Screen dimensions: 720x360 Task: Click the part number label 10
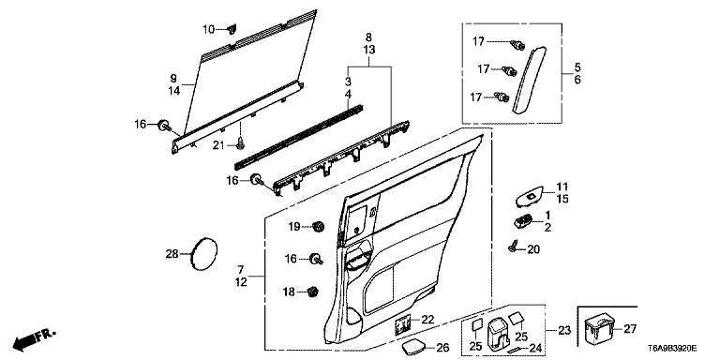pos(209,29)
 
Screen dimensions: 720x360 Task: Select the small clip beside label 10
pos(232,30)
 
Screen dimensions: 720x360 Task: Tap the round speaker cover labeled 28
pos(203,254)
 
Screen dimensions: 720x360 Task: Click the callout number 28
pos(172,254)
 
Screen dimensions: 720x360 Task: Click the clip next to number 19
pos(316,226)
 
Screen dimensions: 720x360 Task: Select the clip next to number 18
pos(313,292)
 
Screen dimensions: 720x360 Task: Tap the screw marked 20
pos(512,247)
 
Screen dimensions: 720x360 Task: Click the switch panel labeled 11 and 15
pos(529,197)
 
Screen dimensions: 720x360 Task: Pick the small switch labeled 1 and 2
pos(523,221)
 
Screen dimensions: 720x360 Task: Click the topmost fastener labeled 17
pos(517,45)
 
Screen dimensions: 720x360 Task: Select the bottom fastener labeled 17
pos(502,97)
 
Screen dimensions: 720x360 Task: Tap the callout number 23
pos(564,330)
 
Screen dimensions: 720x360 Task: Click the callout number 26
pos(442,348)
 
